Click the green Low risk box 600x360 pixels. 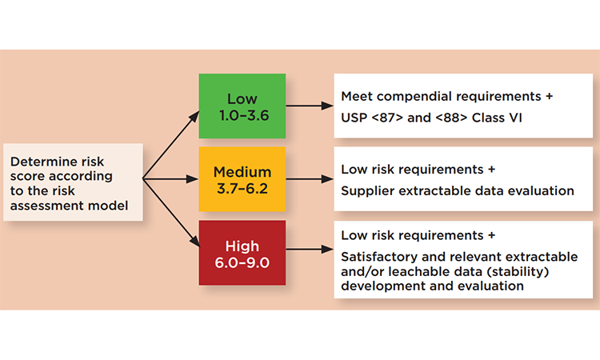click(x=242, y=106)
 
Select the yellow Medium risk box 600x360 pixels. click(x=242, y=179)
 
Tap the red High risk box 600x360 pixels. click(x=242, y=253)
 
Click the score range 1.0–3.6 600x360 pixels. click(x=244, y=115)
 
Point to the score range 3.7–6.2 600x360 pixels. click(x=242, y=189)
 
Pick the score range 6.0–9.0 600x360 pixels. click(x=242, y=263)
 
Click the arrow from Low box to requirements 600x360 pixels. click(x=310, y=106)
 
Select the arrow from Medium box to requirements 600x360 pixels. click(x=310, y=178)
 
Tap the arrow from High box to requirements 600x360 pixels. click(x=310, y=249)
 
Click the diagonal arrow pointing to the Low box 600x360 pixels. click(x=171, y=145)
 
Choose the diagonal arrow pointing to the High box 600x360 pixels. click(x=171, y=213)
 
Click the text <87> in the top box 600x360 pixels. click(x=387, y=118)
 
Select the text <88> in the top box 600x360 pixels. click(x=451, y=118)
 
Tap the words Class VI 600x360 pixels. click(x=497, y=118)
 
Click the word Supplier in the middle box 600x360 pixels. click(x=368, y=191)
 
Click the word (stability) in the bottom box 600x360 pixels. click(x=518, y=272)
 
